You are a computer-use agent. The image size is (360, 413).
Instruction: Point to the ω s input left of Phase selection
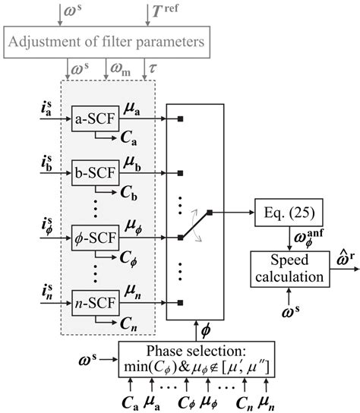[x=93, y=355]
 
